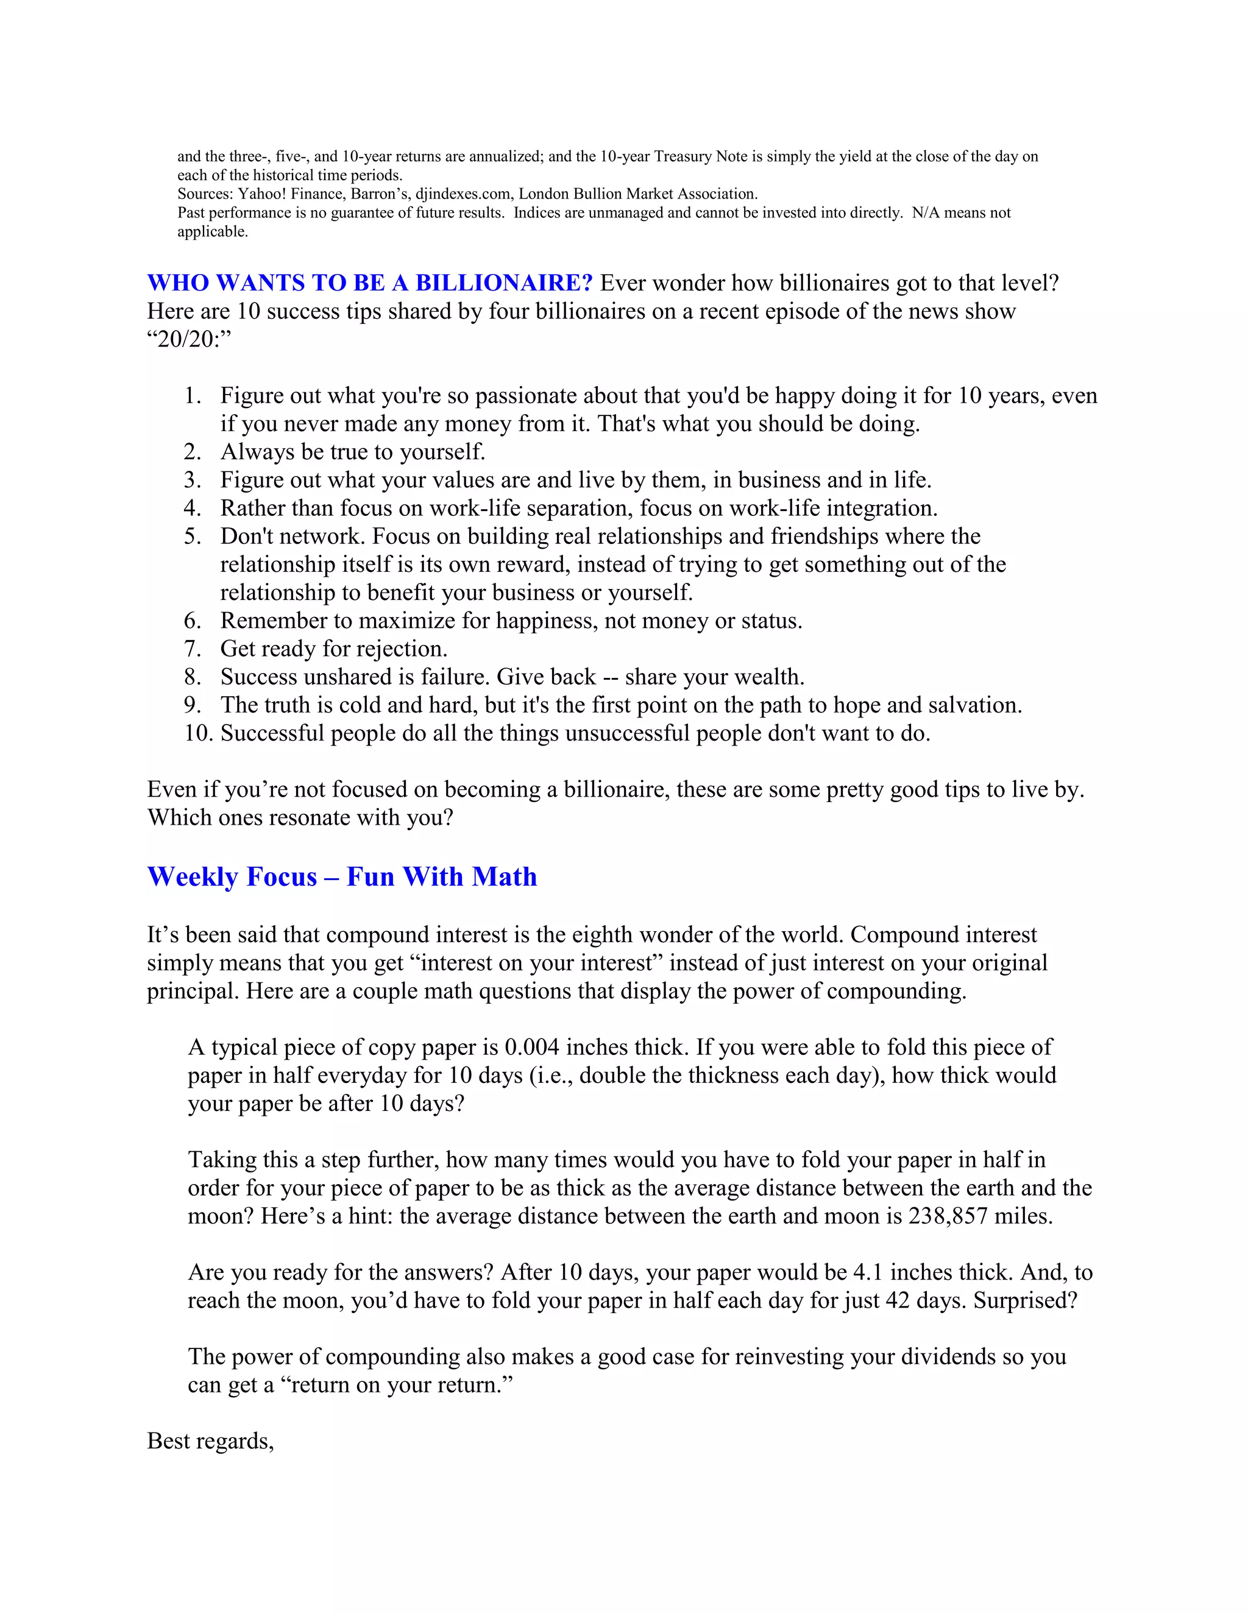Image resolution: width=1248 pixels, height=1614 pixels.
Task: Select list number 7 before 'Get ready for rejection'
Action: click(192, 649)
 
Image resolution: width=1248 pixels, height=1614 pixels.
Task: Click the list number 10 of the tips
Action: click(198, 733)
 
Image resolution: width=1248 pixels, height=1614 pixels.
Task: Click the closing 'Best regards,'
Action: click(211, 1440)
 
